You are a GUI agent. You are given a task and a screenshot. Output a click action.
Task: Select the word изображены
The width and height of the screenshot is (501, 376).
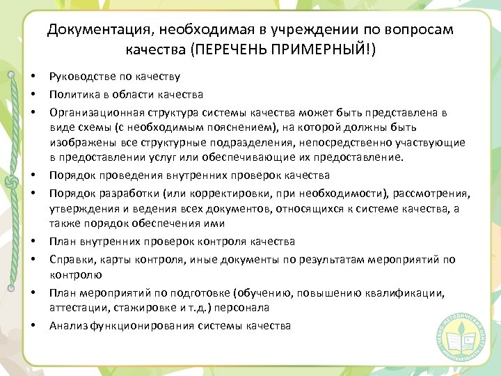(x=82, y=143)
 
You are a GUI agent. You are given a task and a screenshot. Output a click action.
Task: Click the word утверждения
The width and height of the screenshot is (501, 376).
(x=82, y=208)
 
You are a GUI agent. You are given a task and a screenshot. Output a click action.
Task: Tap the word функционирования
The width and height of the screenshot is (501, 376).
(x=141, y=326)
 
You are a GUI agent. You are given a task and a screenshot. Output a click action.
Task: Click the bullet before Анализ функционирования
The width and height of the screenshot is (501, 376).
(x=32, y=326)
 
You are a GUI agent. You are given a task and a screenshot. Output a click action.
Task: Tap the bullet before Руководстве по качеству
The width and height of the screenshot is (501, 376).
(x=32, y=76)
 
